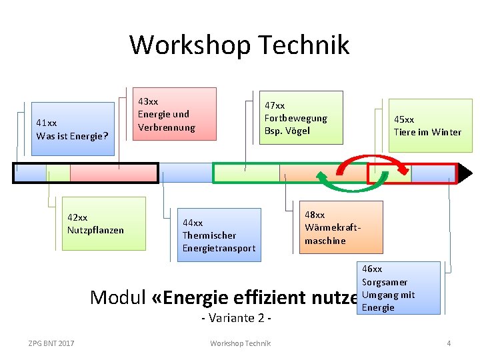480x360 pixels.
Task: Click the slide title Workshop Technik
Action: click(x=239, y=45)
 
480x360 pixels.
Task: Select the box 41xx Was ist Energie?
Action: click(x=73, y=129)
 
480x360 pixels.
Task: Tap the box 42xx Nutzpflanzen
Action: click(x=103, y=223)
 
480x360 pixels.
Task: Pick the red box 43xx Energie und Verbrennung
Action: click(x=176, y=114)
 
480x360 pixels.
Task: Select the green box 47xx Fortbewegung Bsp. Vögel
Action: click(x=301, y=117)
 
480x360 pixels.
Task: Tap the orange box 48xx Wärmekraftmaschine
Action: click(x=341, y=227)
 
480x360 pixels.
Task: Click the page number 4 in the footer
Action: click(x=449, y=343)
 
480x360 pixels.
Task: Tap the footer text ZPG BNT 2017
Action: click(x=51, y=343)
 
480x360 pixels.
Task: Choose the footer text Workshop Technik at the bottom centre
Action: click(x=240, y=343)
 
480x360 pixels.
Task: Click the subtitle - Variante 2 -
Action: click(x=236, y=318)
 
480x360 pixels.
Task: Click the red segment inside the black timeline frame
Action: click(x=113, y=173)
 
